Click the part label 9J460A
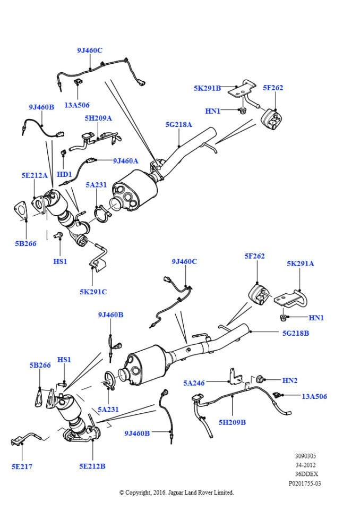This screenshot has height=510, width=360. [x=125, y=160]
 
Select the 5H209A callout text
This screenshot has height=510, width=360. [x=98, y=118]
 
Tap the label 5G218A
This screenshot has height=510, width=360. [x=179, y=125]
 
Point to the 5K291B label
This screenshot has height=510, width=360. [x=207, y=88]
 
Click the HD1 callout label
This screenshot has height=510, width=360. [x=64, y=174]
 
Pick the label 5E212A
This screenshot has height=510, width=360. [x=35, y=175]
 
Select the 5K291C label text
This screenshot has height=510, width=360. [x=93, y=291]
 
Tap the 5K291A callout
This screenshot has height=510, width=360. [x=301, y=263]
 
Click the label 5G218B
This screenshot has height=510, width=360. [x=296, y=333]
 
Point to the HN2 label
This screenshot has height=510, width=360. [x=290, y=380]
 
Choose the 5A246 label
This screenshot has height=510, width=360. [x=194, y=382]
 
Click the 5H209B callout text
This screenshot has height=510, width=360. [x=233, y=422]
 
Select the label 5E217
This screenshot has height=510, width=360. [x=21, y=466]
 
